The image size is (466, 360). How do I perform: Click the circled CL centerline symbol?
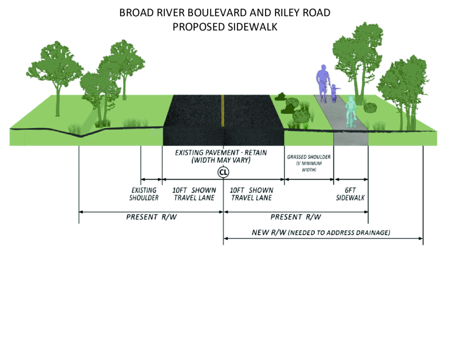(223, 172)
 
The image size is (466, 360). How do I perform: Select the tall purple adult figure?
(323, 84)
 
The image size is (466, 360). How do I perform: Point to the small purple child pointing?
(334, 93)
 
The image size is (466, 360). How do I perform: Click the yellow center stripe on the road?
(223, 110)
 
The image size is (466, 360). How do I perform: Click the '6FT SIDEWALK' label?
(350, 194)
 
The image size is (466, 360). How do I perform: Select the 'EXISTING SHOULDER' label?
(144, 194)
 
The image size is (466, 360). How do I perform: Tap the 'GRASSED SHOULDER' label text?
(309, 157)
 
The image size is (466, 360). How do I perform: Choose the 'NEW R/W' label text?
(269, 232)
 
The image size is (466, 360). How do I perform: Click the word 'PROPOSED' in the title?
(199, 27)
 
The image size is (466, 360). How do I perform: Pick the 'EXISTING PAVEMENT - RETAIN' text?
(221, 153)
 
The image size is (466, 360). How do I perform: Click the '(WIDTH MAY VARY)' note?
(221, 160)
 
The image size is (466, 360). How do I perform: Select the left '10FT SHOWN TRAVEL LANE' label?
(194, 194)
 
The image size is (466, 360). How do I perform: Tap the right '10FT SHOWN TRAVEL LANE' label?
(252, 194)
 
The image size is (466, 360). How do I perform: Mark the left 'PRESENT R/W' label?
(151, 217)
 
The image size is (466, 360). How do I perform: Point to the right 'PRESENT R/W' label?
(296, 217)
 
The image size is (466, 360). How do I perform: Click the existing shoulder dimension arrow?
(151, 180)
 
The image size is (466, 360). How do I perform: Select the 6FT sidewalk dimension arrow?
(351, 180)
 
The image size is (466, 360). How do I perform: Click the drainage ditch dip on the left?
(81, 136)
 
